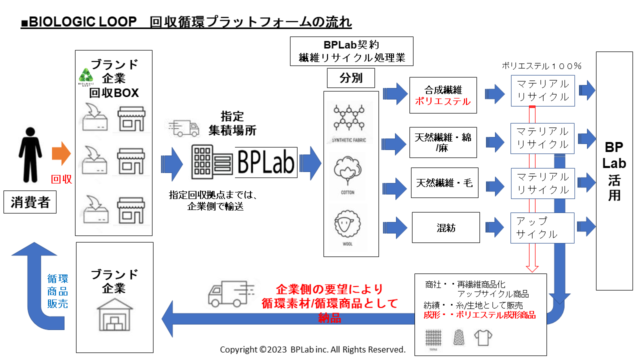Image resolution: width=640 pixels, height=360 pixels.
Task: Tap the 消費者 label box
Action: pos(30,203)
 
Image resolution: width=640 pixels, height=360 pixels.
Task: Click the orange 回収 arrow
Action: pos(62,153)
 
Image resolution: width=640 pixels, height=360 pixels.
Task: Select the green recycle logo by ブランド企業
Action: pos(85,75)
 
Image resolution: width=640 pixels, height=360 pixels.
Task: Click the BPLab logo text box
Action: pos(266,162)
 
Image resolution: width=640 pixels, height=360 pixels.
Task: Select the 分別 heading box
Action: pos(350,78)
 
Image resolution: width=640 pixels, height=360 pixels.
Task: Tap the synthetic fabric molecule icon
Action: pos(349,120)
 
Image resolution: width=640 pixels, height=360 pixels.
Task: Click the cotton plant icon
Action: pos(348,172)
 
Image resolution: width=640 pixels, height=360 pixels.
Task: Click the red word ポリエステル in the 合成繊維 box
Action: pos(442,101)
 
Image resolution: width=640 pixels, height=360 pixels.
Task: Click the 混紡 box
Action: pos(445,227)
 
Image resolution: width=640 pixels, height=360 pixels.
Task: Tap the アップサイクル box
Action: pos(542,227)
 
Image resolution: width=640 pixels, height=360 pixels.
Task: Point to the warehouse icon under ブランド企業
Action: pos(114,315)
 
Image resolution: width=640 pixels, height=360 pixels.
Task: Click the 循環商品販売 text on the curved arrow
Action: pos(57,291)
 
